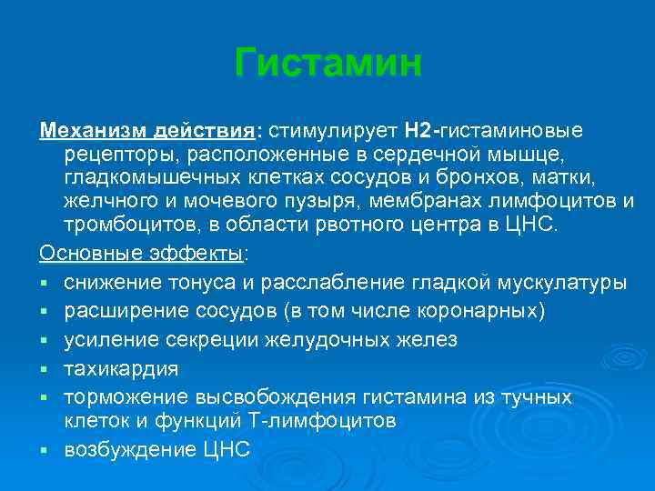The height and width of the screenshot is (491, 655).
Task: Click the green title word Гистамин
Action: tap(327, 63)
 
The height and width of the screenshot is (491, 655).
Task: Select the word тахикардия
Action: tap(121, 369)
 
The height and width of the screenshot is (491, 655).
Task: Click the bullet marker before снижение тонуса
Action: tap(44, 283)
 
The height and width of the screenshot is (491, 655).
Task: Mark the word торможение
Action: tap(126, 397)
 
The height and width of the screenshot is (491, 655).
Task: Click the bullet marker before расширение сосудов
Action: tap(44, 312)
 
